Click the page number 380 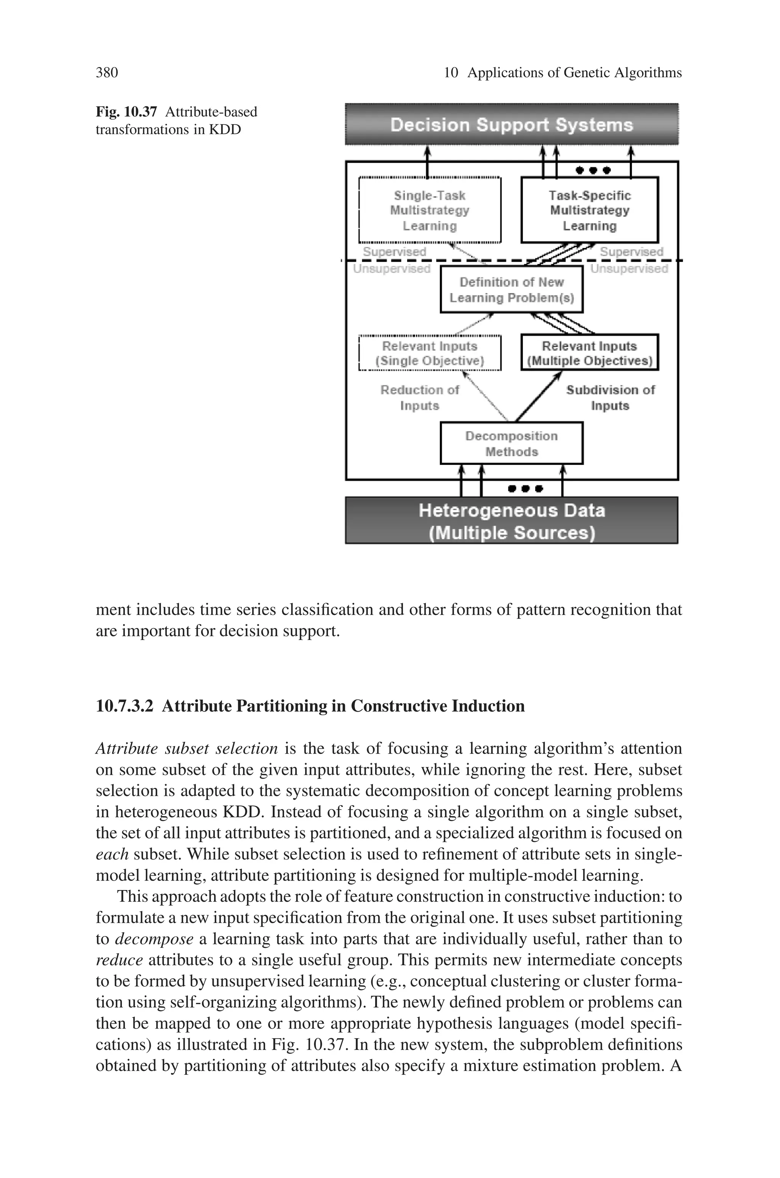coord(107,73)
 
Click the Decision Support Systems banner coord(511,124)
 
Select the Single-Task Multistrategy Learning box coord(430,210)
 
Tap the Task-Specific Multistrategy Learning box coord(590,210)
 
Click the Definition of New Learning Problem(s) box coord(511,290)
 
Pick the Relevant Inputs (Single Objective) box coord(430,353)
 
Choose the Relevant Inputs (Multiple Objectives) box coord(590,353)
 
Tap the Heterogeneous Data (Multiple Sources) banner coord(511,520)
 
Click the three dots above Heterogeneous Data coord(525,488)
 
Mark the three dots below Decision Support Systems coord(593,170)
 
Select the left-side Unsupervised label coord(392,269)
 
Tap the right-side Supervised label coord(631,252)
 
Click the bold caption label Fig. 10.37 coord(126,112)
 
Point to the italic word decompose coord(154,939)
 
